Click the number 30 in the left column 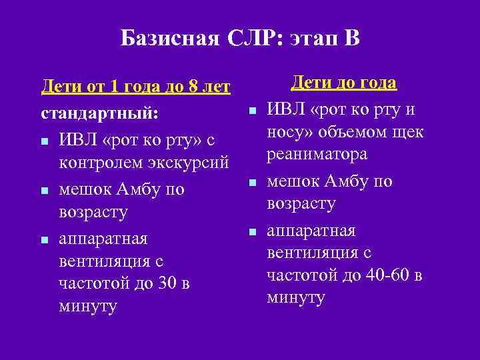click(x=167, y=283)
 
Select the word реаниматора click(x=317, y=154)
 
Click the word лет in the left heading click(x=215, y=87)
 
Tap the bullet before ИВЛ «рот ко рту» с click(x=44, y=141)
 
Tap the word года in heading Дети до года click(x=375, y=83)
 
